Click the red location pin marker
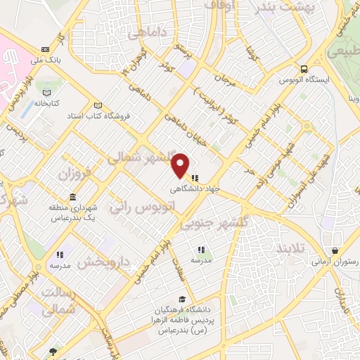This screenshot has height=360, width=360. pyautogui.click(x=181, y=165)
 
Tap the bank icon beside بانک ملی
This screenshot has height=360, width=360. pyautogui.click(x=46, y=49)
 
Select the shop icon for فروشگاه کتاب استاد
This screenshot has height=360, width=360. pyautogui.click(x=98, y=105)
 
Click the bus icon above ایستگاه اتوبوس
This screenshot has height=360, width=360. pyautogui.click(x=304, y=69)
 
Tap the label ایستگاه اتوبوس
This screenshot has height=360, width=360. pyautogui.click(x=304, y=80)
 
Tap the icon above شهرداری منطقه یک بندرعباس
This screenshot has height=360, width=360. pyautogui.click(x=72, y=197)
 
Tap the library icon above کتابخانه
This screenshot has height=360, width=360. pyautogui.click(x=46, y=94)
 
